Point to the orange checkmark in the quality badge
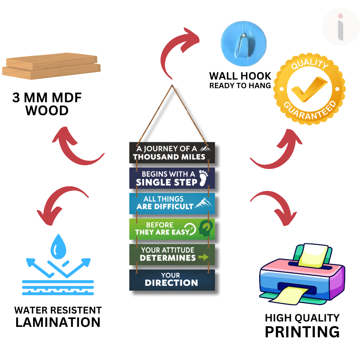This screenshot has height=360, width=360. point(310,90)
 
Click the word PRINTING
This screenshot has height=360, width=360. point(302,332)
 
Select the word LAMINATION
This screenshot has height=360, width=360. point(58,322)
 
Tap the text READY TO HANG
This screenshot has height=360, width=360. point(240,86)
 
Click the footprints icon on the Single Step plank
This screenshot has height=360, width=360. point(204,177)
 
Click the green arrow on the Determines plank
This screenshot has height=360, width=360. point(203,257)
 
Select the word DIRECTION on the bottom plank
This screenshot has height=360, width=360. point(171,283)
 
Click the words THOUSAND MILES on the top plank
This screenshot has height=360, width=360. point(169,157)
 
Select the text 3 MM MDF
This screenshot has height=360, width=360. point(47,98)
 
